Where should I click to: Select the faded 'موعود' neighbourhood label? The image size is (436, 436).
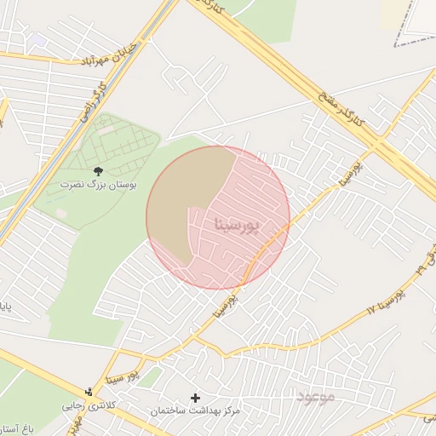[316, 395]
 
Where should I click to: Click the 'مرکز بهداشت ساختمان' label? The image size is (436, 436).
[196, 410]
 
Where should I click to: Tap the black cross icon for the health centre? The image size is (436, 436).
[196, 398]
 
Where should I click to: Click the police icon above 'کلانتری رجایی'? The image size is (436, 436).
[89, 393]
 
